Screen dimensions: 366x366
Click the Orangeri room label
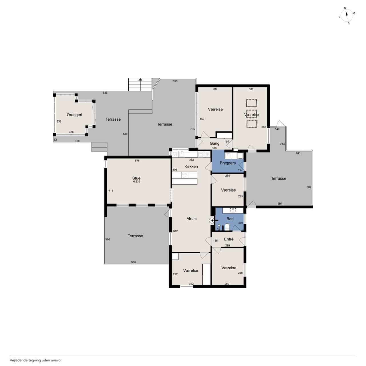74,115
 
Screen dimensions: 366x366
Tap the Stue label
136,178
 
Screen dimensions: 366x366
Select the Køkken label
191,166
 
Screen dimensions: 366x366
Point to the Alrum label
192,219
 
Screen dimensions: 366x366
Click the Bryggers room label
228,163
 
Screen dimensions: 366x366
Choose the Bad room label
230,219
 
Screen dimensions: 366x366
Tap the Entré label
229,239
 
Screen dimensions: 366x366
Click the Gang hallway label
214,144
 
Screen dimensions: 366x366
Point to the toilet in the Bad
227,226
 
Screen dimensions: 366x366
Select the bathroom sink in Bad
233,211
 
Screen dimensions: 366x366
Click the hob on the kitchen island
185,175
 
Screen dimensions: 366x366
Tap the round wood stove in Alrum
211,220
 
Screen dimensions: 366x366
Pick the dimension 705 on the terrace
192,129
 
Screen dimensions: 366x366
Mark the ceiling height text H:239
136,182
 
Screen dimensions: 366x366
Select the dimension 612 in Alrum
175,231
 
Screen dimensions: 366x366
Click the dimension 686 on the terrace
105,93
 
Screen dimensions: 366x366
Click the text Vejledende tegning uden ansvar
36,360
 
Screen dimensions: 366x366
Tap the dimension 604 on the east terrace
280,204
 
